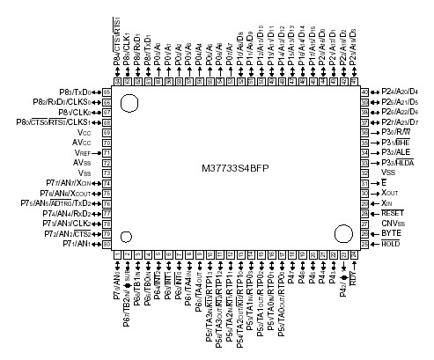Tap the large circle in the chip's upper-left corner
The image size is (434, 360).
point(129,103)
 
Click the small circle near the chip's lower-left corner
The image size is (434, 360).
point(127,237)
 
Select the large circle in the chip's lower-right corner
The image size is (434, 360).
point(342,234)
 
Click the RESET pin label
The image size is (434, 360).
point(393,212)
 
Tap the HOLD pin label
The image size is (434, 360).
point(392,243)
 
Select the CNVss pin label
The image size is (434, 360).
point(393,222)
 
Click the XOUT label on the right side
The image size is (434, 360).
point(391,191)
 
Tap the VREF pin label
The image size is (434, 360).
point(82,151)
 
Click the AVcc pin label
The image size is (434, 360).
point(83,141)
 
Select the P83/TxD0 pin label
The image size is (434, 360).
point(74,92)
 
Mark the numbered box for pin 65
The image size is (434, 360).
point(107,92)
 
